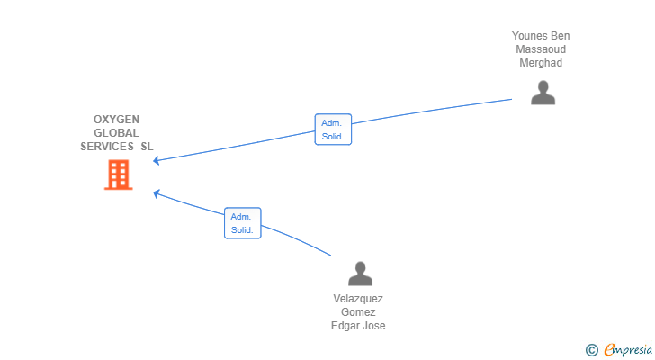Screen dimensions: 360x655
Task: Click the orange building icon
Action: pyautogui.click(x=118, y=175)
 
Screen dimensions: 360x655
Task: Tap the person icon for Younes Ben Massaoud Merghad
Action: pyautogui.click(x=543, y=93)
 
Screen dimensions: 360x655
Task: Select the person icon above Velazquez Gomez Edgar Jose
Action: pyautogui.click(x=360, y=274)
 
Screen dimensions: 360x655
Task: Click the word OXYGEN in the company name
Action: pyautogui.click(x=116, y=120)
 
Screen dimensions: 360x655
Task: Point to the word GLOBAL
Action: pyautogui.click(x=116, y=133)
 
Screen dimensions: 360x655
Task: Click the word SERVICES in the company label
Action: pyautogui.click(x=107, y=147)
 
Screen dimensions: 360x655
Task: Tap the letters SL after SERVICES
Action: pyautogui.click(x=147, y=147)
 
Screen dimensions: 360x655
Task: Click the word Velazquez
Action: pyautogui.click(x=358, y=299)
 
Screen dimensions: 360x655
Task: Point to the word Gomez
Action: pyautogui.click(x=358, y=312)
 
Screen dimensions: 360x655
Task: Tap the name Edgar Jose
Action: pyautogui.click(x=358, y=326)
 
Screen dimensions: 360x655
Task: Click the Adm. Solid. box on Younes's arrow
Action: pyautogui.click(x=332, y=130)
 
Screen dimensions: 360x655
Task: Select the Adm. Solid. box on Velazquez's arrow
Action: pyautogui.click(x=242, y=223)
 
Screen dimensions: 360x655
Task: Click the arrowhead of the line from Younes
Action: pyautogui.click(x=157, y=161)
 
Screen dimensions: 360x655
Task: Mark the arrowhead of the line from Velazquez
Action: pyautogui.click(x=157, y=192)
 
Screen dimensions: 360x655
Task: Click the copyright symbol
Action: pyautogui.click(x=591, y=350)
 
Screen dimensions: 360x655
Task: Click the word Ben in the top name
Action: pyautogui.click(x=561, y=36)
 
